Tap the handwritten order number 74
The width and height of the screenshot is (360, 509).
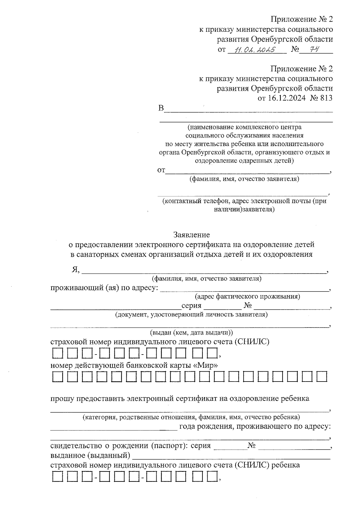coord(313,49)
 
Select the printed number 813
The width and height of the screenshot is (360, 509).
coord(326,98)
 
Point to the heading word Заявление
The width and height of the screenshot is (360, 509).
coord(191,235)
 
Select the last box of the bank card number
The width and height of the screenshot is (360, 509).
coord(322,377)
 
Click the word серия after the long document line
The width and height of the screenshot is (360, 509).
coord(191,306)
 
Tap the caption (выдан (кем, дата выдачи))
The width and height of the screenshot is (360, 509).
coord(191,333)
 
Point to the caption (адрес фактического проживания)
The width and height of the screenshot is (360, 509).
coord(247,297)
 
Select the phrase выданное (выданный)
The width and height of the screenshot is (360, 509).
coord(90,456)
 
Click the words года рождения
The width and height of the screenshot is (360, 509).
coord(205,426)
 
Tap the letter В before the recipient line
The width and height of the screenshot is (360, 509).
coord(161,108)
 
